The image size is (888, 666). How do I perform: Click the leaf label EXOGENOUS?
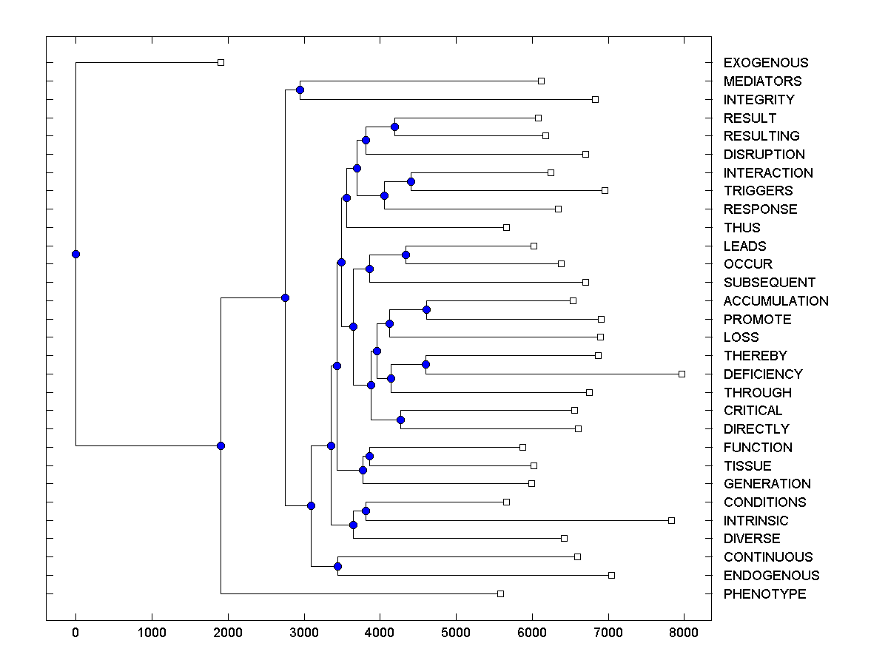pos(766,63)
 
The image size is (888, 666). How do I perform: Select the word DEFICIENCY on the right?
pos(763,374)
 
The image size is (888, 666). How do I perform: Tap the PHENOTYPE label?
pos(764,594)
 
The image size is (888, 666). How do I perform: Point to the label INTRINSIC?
pos(756,521)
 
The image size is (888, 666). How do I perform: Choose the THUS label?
pos(741,228)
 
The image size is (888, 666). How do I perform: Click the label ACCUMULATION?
pos(776,301)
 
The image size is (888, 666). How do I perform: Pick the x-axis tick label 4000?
pos(380,632)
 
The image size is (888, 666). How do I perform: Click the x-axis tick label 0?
pos(75,632)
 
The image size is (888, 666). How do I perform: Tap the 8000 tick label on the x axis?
pos(684,632)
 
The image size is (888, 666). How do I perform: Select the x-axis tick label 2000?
pos(228,632)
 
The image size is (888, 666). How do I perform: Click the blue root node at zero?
pos(75,254)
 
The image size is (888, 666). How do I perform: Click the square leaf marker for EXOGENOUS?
pos(221,62)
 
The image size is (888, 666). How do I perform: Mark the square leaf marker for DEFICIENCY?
pos(682,374)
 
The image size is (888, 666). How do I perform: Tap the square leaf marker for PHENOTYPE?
pos(500,593)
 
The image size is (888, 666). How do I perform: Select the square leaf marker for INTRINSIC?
pos(671,520)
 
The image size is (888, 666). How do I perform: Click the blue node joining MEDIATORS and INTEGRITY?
pos(300,90)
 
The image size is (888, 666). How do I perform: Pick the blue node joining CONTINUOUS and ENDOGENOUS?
pos(337,566)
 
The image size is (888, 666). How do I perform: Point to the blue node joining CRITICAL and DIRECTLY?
pos(400,420)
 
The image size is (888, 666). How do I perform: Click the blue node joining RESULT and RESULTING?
pos(394,127)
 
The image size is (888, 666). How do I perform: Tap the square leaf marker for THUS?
pos(506,227)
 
